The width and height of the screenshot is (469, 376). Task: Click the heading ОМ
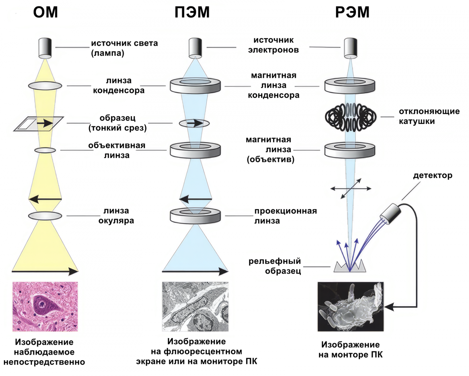click(45, 12)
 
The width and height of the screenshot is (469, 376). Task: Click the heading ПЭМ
click(192, 12)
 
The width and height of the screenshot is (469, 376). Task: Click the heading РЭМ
click(352, 12)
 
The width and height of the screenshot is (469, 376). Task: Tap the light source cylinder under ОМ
click(45, 48)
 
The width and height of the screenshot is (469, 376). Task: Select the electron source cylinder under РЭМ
click(351, 48)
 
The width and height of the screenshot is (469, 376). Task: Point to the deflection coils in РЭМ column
click(351, 117)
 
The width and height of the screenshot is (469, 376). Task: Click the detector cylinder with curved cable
click(391, 214)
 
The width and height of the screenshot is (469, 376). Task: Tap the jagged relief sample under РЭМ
click(350, 267)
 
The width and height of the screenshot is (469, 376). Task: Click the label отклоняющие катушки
click(429, 116)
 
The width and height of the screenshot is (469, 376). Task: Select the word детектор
click(432, 175)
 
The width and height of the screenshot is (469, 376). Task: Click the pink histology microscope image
click(45, 307)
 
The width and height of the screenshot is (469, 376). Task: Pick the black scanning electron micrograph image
click(351, 307)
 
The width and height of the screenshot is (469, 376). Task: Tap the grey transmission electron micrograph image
click(195, 307)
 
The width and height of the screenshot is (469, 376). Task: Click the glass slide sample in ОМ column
click(38, 123)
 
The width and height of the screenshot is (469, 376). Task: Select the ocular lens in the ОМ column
click(45, 216)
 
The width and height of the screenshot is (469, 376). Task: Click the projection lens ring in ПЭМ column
click(195, 215)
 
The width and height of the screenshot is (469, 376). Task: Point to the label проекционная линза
click(285, 216)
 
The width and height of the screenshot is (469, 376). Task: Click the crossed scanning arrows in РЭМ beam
click(351, 189)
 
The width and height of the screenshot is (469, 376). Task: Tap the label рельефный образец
click(274, 266)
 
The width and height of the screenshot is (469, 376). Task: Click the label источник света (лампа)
click(124, 48)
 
